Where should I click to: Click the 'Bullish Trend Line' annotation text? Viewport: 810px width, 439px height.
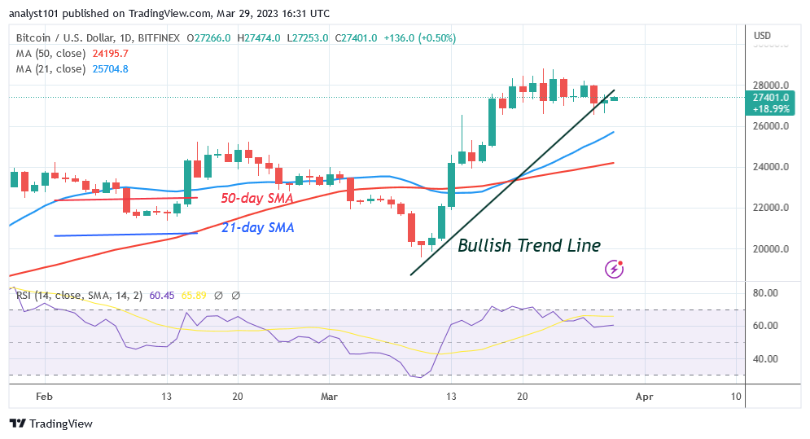click(529, 245)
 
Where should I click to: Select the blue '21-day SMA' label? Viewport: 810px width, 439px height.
click(257, 228)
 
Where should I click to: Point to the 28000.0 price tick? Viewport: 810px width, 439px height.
click(769, 86)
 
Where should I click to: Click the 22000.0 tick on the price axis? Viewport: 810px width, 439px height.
click(769, 208)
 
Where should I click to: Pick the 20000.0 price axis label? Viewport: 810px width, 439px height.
click(769, 249)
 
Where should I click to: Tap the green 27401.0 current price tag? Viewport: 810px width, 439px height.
click(769, 98)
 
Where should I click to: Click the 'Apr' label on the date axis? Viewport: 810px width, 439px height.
click(644, 396)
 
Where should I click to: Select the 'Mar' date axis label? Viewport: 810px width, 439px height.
click(329, 396)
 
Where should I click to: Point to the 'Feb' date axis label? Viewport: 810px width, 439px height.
click(45, 396)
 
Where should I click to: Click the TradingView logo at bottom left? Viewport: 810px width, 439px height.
click(50, 424)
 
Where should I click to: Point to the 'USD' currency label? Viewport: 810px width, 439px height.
click(763, 36)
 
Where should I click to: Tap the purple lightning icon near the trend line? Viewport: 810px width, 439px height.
click(615, 268)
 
